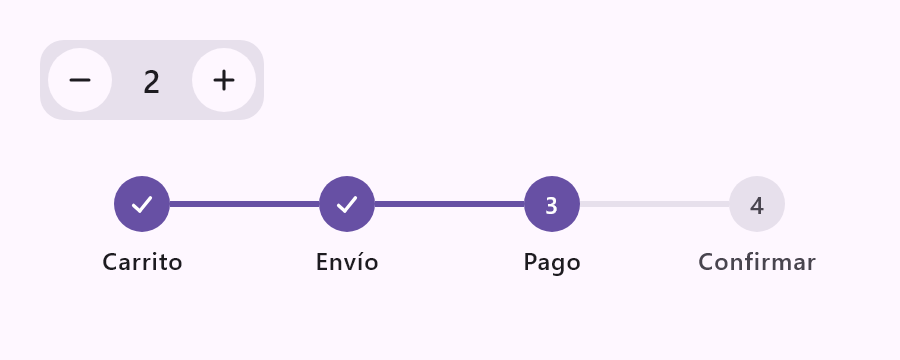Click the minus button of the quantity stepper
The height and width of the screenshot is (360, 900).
click(x=80, y=80)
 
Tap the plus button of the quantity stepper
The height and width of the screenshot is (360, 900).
click(x=224, y=80)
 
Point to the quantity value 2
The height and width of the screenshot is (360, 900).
click(x=152, y=83)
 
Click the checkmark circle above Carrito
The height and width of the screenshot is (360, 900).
click(x=142, y=204)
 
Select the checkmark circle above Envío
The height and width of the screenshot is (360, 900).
click(x=347, y=204)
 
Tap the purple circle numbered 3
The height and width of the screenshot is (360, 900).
click(x=552, y=204)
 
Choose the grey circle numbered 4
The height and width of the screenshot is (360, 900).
click(x=757, y=204)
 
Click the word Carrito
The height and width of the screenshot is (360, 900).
click(x=142, y=262)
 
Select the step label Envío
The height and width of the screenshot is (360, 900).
click(x=347, y=262)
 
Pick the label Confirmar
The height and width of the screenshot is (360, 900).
click(x=757, y=262)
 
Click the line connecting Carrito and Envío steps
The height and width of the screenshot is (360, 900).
click(x=245, y=204)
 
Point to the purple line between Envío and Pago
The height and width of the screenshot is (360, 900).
click(x=449, y=204)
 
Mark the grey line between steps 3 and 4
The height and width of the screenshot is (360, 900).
click(x=654, y=204)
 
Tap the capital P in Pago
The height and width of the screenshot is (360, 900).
click(x=531, y=262)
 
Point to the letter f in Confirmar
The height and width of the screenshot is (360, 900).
click(x=747, y=261)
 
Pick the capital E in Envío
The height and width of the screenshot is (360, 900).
click(x=323, y=262)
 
